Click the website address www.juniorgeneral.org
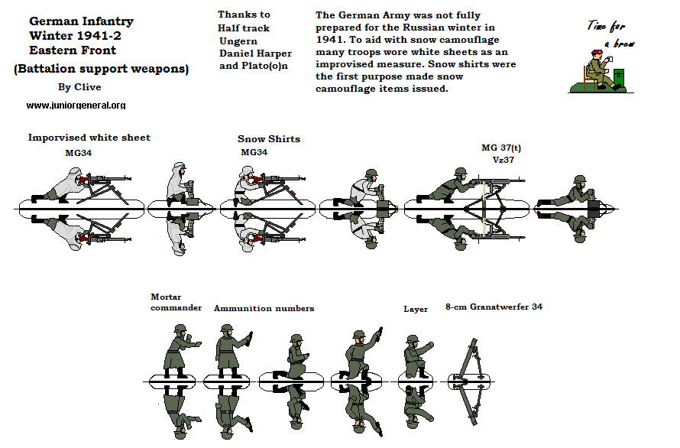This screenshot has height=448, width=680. click(76, 106)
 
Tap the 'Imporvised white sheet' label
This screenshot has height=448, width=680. click(89, 138)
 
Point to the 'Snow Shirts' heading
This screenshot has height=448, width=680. click(269, 139)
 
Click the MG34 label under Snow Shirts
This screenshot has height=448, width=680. click(254, 152)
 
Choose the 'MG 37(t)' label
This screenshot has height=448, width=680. click(502, 148)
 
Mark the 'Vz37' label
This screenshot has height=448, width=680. click(502, 160)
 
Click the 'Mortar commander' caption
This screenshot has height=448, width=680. click(176, 302)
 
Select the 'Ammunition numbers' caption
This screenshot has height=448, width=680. click(264, 308)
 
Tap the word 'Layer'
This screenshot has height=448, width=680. click(416, 309)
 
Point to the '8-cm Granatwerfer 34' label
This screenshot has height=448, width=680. click(494, 307)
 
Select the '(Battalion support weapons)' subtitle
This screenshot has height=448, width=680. click(101, 69)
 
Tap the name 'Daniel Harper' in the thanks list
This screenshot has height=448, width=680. click(255, 54)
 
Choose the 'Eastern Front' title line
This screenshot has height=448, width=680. click(73, 50)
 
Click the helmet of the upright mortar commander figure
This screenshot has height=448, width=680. click(181, 330)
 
